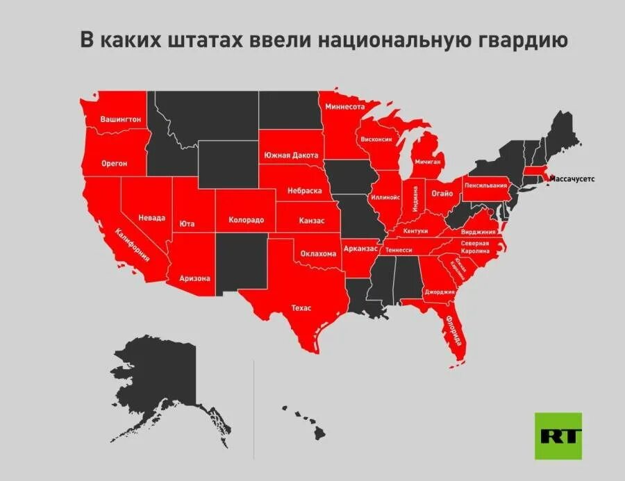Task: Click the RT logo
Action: click(558, 435)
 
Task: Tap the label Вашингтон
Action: click(121, 119)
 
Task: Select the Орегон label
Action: click(115, 163)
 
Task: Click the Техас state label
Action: click(301, 307)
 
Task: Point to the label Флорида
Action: click(454, 330)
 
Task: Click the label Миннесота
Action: click(345, 108)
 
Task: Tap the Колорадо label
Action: click(246, 220)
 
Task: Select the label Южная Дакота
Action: click(291, 155)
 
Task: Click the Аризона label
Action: click(194, 278)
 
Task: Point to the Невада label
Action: click(152, 217)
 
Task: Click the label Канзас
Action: click(312, 221)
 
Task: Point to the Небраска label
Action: click(305, 190)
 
